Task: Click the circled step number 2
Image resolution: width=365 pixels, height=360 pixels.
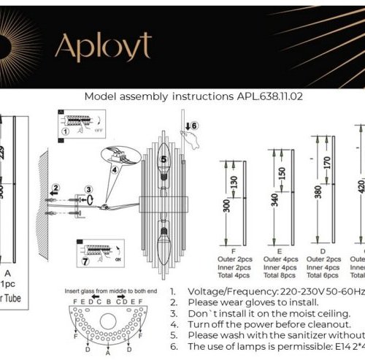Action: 55,188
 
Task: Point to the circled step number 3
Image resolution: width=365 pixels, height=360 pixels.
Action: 88,189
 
